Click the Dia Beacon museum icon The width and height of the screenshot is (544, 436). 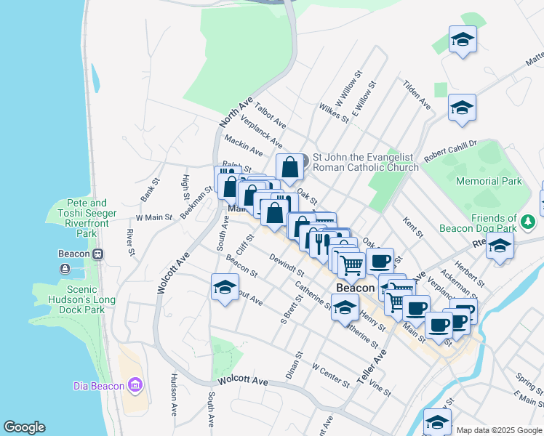[135, 385]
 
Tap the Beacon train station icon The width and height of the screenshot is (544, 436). [97, 254]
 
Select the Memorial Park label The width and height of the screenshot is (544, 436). [489, 181]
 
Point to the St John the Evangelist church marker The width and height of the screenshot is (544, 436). [305, 161]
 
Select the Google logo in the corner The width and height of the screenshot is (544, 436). [24, 427]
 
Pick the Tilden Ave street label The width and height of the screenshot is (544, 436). [417, 95]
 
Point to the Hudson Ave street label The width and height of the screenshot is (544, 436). [174, 395]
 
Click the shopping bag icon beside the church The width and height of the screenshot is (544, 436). [289, 166]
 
